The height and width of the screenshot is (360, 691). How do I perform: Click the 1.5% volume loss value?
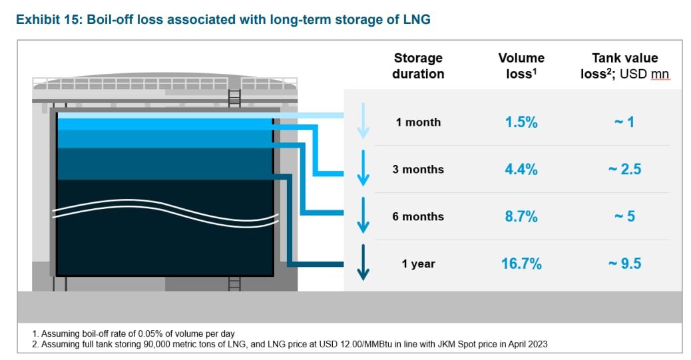coord(521,122)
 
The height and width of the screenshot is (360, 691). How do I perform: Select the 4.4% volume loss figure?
coord(521,170)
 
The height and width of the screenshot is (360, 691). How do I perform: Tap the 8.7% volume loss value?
coord(521,217)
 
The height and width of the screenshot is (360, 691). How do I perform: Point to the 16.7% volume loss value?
coord(521,264)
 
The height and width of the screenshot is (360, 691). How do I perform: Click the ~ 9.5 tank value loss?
coord(624,264)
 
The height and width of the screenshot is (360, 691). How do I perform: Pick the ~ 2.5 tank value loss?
coord(624,170)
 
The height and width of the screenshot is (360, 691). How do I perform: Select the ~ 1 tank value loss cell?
coord(624,122)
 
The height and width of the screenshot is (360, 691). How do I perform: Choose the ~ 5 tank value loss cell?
coord(624,217)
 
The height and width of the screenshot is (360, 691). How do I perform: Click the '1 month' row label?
coord(418,122)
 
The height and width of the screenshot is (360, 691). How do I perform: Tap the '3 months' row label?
coord(418,170)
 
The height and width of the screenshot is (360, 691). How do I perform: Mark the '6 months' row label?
coord(418,217)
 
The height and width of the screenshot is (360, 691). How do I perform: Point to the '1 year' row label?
coord(418,264)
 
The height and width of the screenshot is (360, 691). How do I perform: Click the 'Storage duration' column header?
coord(418,66)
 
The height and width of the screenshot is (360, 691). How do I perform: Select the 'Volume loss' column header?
coord(521,66)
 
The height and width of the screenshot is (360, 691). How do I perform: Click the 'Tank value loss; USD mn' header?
coord(624,66)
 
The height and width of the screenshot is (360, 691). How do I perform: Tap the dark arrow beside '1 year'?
coord(363,262)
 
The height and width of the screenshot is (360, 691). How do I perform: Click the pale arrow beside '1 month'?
coord(363,120)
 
